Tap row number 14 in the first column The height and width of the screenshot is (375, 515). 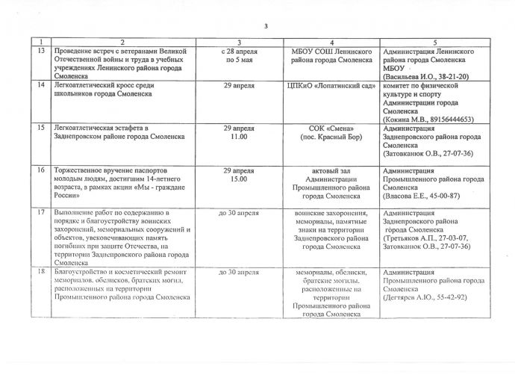click(43, 86)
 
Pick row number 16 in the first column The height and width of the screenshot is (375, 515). click(43, 171)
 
